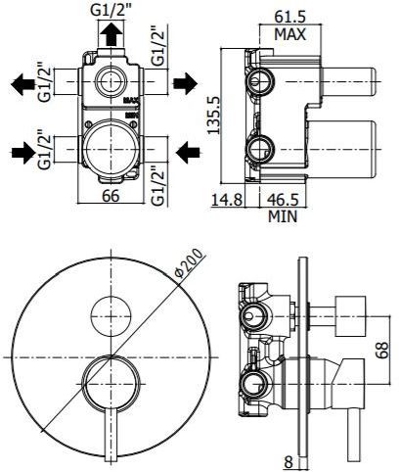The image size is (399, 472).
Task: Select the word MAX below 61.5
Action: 290,34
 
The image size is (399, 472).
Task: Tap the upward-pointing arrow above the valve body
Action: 114,36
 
